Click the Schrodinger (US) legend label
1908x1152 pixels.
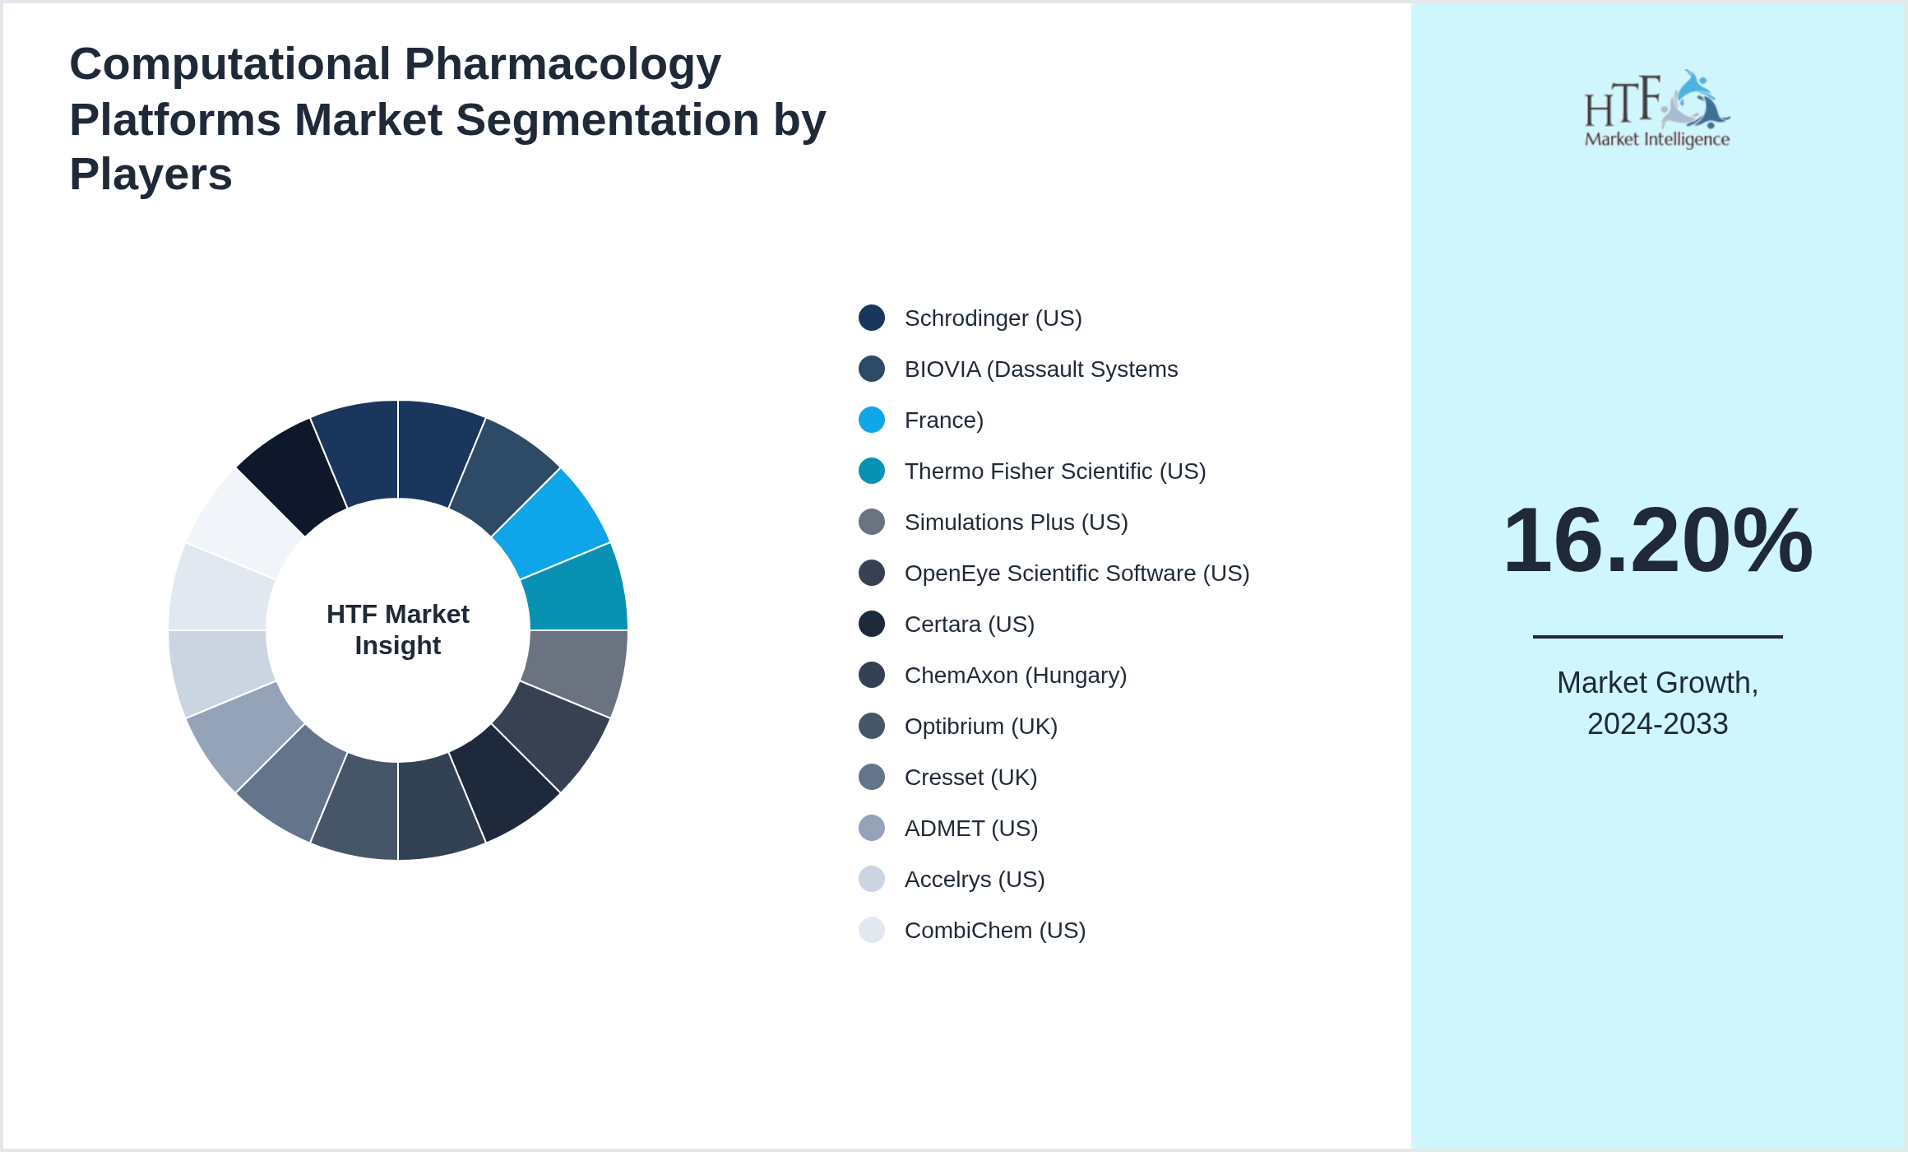point(993,318)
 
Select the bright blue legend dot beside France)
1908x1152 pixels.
point(872,420)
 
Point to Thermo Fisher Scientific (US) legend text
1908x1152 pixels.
point(1054,471)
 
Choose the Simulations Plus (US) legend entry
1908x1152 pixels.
point(1016,523)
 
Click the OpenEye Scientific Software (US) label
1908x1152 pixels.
point(1076,574)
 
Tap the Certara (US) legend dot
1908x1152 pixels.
point(872,624)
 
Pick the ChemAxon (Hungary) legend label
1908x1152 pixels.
point(1015,676)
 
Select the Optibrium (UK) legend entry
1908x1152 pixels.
point(980,727)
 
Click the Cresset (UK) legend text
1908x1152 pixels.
point(970,778)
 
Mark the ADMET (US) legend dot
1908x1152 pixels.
point(872,828)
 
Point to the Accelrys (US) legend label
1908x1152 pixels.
point(974,880)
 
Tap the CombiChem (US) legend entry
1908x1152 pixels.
point(994,931)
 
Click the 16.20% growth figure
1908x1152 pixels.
point(1657,541)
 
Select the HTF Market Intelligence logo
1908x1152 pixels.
point(1656,109)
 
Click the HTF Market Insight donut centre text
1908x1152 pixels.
point(398,629)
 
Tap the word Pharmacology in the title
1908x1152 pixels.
point(563,64)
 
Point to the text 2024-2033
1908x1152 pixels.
point(1657,724)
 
